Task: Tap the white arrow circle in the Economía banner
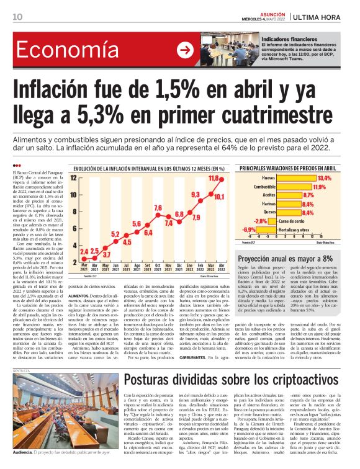click(x=184, y=50)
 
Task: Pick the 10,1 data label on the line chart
click(x=219, y=197)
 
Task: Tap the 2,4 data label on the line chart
click(x=84, y=251)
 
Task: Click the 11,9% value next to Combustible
click(x=319, y=186)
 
